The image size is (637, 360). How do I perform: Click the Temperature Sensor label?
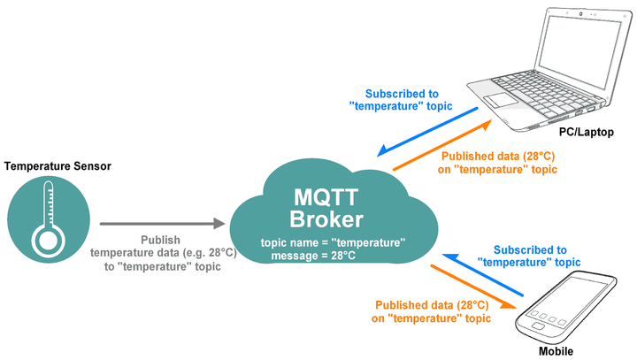[58, 165]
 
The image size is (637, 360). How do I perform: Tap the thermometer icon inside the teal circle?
[46, 220]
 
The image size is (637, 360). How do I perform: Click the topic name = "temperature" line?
[334, 241]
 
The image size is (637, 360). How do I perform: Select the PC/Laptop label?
[586, 133]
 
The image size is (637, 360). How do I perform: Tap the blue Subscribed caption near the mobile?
[529, 256]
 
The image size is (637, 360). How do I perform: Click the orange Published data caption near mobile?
[431, 310]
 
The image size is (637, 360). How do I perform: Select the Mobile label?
[558, 351]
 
